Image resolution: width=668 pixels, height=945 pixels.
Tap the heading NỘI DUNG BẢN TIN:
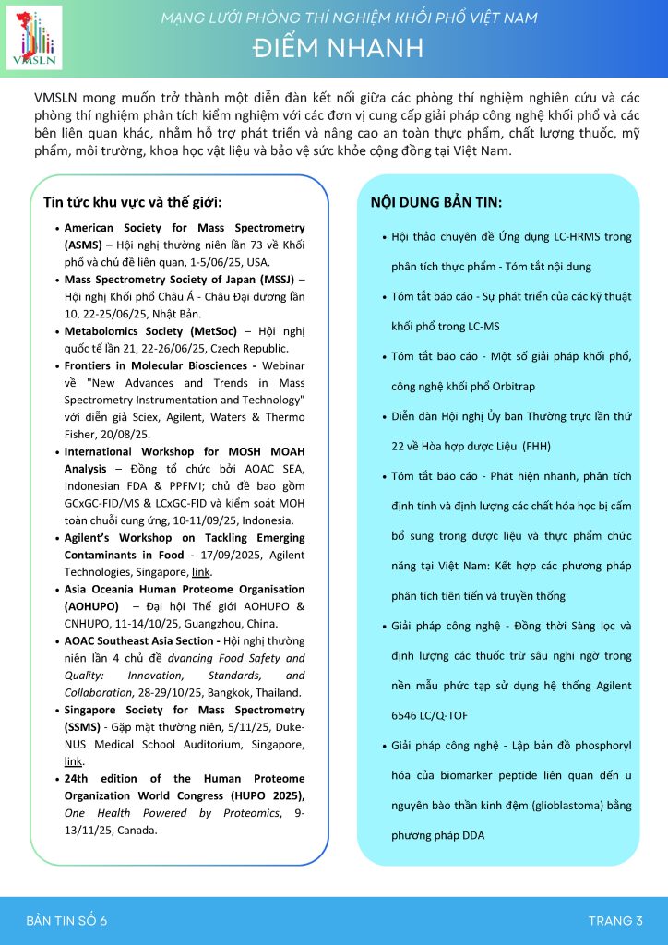435,201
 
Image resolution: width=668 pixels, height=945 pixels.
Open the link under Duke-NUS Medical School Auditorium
73,761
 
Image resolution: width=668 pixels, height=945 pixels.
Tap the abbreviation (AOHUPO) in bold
90,606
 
